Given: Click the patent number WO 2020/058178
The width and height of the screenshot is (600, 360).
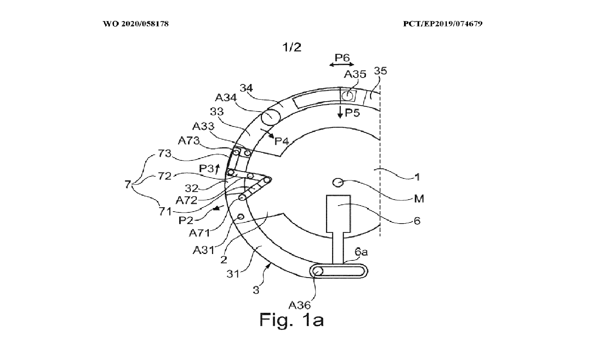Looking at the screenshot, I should (136, 24).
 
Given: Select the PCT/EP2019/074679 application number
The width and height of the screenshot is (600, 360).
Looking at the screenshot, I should (442, 24).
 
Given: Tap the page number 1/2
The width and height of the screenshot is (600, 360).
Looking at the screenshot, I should (292, 48).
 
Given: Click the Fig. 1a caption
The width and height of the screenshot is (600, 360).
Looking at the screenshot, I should (292, 319).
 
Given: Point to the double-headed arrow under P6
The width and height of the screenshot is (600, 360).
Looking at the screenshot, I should (342, 64).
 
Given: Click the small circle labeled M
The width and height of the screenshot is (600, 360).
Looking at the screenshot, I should (338, 183).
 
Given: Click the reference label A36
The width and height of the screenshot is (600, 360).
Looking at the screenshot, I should (300, 305).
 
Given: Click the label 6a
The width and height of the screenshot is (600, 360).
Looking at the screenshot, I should (361, 252).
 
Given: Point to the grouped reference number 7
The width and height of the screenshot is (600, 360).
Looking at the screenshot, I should (128, 185).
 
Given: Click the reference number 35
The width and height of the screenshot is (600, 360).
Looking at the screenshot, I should (380, 71).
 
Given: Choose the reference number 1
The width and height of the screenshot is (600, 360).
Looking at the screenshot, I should (417, 176).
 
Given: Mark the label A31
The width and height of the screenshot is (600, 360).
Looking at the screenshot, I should (202, 250).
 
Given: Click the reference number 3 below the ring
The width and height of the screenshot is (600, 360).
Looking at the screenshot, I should (256, 290).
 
